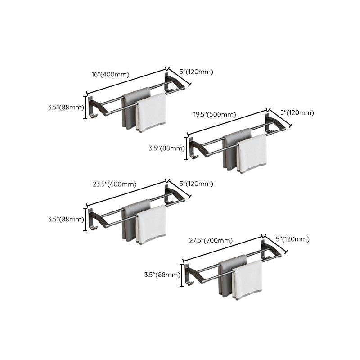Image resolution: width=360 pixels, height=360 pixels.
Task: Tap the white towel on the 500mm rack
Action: pos(252,153)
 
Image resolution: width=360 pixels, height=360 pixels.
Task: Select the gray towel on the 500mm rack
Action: pos(230,149)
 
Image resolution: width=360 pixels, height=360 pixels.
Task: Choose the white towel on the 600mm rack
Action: pos(151,224)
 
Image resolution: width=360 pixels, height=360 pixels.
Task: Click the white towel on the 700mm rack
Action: pos(247,279)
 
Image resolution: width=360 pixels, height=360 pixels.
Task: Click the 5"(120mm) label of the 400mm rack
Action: pos(196,72)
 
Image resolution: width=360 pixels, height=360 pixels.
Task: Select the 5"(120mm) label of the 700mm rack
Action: pos(292,239)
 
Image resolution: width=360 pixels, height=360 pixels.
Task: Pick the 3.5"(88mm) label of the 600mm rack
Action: pos(66,219)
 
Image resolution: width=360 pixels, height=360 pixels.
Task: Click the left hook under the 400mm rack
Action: pos(93,117)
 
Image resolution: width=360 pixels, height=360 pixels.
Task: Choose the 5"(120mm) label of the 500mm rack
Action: pos(297,113)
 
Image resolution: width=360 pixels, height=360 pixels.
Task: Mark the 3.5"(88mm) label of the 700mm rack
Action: pos(162,274)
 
